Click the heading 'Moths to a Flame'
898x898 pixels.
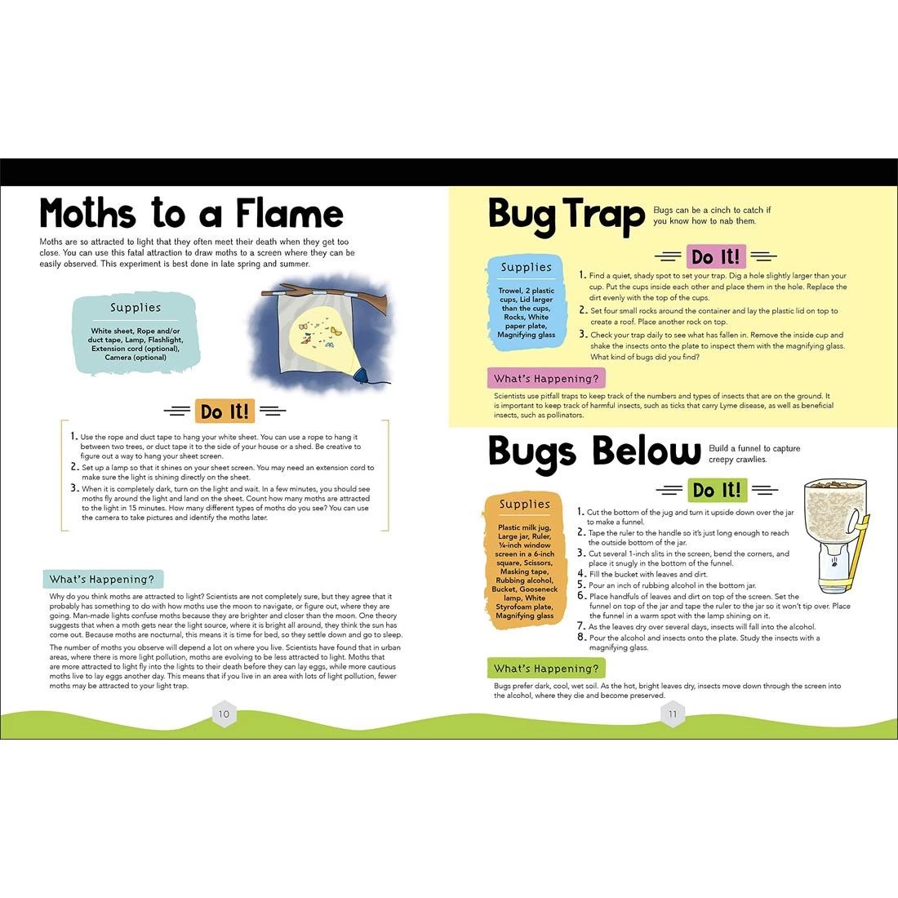point(191,214)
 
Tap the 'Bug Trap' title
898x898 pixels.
point(567,215)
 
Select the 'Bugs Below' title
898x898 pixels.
point(593,452)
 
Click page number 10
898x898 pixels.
point(224,714)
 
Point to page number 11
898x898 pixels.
point(673,714)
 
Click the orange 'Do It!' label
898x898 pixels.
point(224,411)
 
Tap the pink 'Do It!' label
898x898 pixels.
point(716,256)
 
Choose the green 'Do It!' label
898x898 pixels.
point(717,490)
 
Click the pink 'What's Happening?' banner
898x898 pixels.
point(546,379)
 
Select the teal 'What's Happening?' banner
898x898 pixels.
point(103,579)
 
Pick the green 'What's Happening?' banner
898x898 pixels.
point(546,669)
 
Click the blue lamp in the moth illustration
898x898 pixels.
point(362,374)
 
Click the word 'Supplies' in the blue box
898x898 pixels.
point(526,267)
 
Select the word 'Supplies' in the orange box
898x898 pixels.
point(525,504)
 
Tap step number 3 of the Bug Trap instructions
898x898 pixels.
point(583,334)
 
